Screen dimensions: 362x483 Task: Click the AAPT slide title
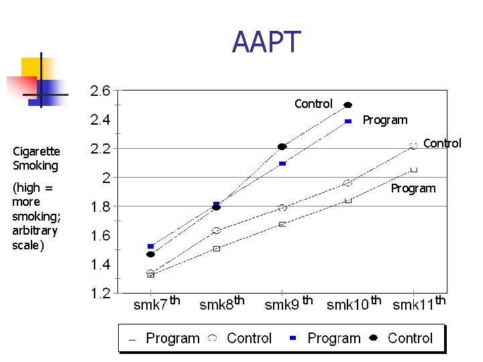point(266,42)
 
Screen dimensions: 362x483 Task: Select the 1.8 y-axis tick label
point(101,207)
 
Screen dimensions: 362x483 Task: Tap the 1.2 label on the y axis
point(101,294)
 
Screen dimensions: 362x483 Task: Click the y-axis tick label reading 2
point(106,178)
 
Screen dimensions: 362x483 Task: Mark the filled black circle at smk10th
point(348,105)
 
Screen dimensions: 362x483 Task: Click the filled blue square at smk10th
point(348,121)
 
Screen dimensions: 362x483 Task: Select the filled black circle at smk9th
point(282,147)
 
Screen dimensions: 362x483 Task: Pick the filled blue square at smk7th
point(151,247)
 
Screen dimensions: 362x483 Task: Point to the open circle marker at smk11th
point(414,145)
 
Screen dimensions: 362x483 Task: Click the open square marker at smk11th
point(414,170)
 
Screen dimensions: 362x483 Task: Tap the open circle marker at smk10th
point(348,183)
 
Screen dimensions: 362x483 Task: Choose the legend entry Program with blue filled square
point(325,339)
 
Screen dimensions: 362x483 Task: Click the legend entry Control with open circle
point(240,339)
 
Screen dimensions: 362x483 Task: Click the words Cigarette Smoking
point(37,158)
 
